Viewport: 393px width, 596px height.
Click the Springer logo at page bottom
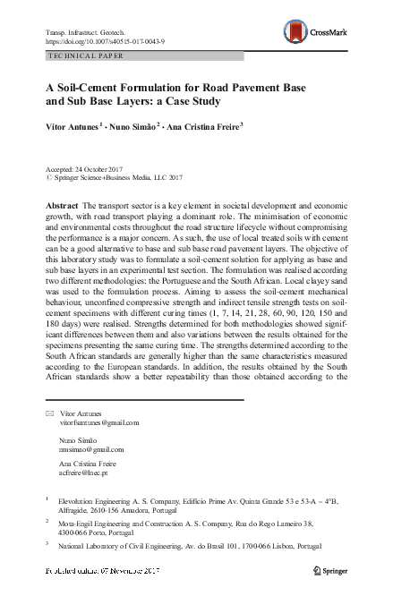337,570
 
